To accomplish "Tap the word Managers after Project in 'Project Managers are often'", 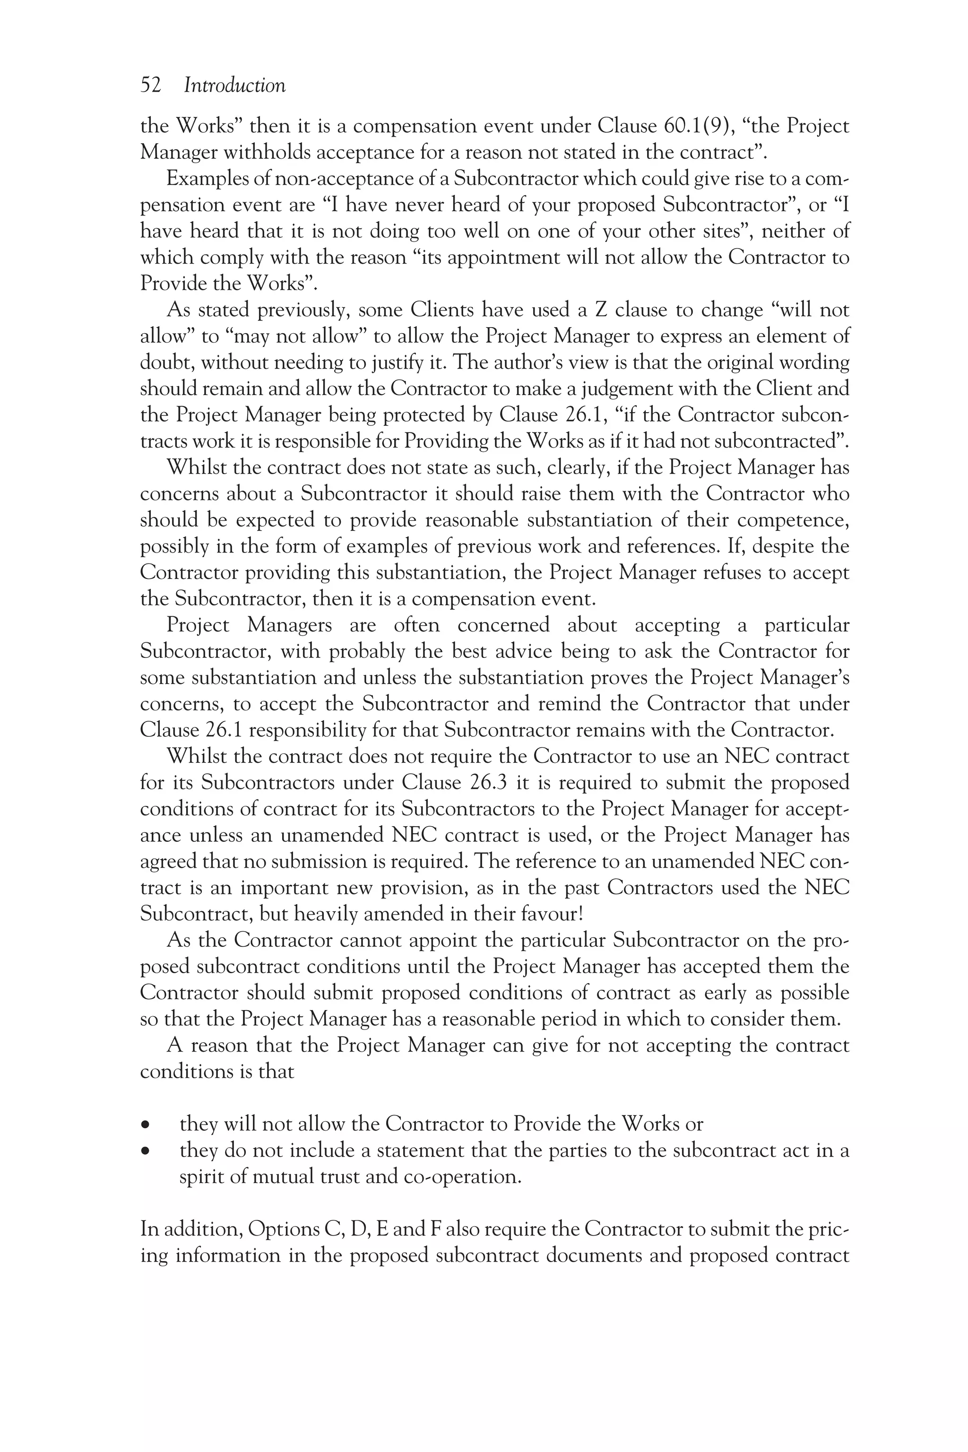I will click(290, 625).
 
